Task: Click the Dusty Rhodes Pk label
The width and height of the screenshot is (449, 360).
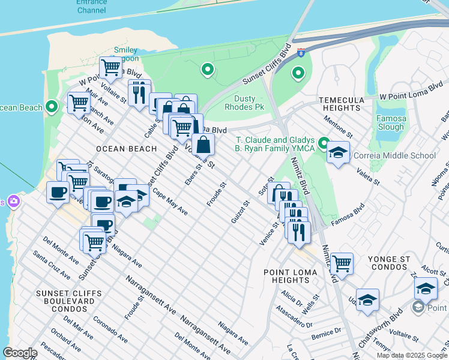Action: click(x=244, y=103)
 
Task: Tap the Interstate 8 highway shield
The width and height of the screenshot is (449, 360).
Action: click(x=301, y=52)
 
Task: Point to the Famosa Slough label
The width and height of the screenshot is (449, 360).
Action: click(x=390, y=122)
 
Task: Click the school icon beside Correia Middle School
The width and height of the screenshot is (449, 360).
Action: click(x=339, y=153)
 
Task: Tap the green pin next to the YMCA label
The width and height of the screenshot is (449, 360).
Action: click(x=324, y=143)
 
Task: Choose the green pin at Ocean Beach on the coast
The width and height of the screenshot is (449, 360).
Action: click(x=52, y=107)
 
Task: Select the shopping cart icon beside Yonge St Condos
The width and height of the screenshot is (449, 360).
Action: click(x=342, y=263)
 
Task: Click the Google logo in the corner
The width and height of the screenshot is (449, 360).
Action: click(x=20, y=353)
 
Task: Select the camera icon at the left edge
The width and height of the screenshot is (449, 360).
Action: click(x=13, y=201)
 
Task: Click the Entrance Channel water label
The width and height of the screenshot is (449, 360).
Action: click(x=91, y=6)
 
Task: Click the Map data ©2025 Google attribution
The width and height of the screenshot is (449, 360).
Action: click(x=412, y=355)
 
